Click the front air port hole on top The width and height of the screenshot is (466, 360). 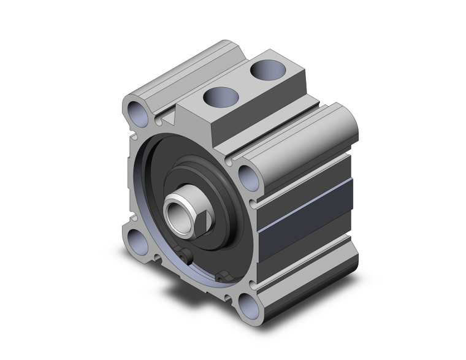220,96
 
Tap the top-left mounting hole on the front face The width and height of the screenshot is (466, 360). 137,112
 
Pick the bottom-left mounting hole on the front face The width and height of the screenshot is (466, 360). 135,237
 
